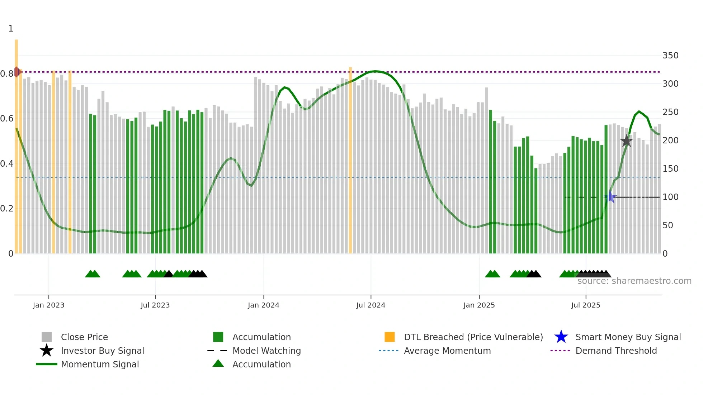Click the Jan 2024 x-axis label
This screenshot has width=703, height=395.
point(263,305)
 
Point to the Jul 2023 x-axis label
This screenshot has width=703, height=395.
point(155,305)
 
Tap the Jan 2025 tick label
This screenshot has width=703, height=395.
point(479,305)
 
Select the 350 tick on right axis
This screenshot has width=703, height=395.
point(670,56)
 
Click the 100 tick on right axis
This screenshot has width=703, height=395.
point(670,197)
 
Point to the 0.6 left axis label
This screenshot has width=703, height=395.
point(7,119)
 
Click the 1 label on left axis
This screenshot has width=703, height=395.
point(11,29)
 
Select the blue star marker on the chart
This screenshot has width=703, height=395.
point(610,197)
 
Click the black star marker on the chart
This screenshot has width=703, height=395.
point(626,141)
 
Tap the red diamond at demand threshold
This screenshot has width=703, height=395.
point(17,72)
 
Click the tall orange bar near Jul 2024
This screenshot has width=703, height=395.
point(350,160)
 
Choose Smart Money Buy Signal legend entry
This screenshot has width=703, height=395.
point(628,337)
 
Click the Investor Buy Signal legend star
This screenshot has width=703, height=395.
point(47,351)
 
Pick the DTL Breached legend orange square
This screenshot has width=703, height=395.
point(390,337)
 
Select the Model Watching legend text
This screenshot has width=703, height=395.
point(266,351)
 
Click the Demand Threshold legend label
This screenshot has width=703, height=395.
point(616,351)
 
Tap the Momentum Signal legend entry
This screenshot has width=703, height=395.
point(100,364)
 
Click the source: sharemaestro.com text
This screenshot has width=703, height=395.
point(634,281)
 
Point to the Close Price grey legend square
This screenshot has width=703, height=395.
point(47,337)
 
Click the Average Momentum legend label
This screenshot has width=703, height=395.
point(447,351)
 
